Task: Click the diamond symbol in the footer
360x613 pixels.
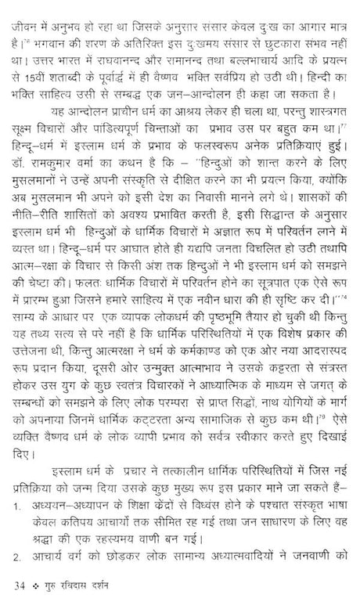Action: tap(36, 586)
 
